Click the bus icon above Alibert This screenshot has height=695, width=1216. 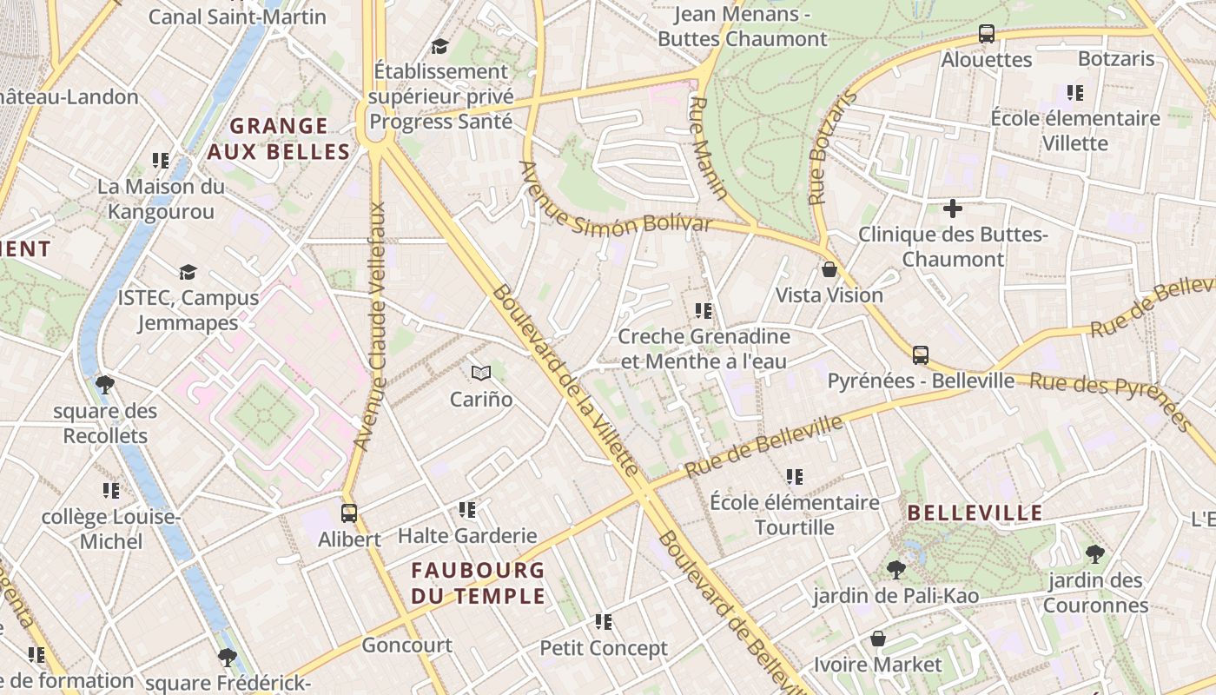348,513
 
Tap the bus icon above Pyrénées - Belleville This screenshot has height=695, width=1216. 921,354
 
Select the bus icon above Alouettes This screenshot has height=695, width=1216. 987,34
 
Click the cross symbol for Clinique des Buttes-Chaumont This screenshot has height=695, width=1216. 953,208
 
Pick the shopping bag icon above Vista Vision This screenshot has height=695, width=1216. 829,269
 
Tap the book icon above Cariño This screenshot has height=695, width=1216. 481,374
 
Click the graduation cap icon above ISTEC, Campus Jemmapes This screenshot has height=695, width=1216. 188,273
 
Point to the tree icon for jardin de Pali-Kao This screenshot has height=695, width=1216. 896,570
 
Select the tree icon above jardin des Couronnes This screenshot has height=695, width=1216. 1095,553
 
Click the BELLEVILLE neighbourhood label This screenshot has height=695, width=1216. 975,513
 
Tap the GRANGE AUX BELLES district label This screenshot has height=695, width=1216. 279,139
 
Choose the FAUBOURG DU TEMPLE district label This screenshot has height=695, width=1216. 478,583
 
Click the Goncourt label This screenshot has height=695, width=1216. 406,645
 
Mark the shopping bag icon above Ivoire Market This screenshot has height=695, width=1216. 878,639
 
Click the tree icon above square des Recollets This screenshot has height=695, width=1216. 105,384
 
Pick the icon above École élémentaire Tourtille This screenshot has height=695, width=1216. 795,476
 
